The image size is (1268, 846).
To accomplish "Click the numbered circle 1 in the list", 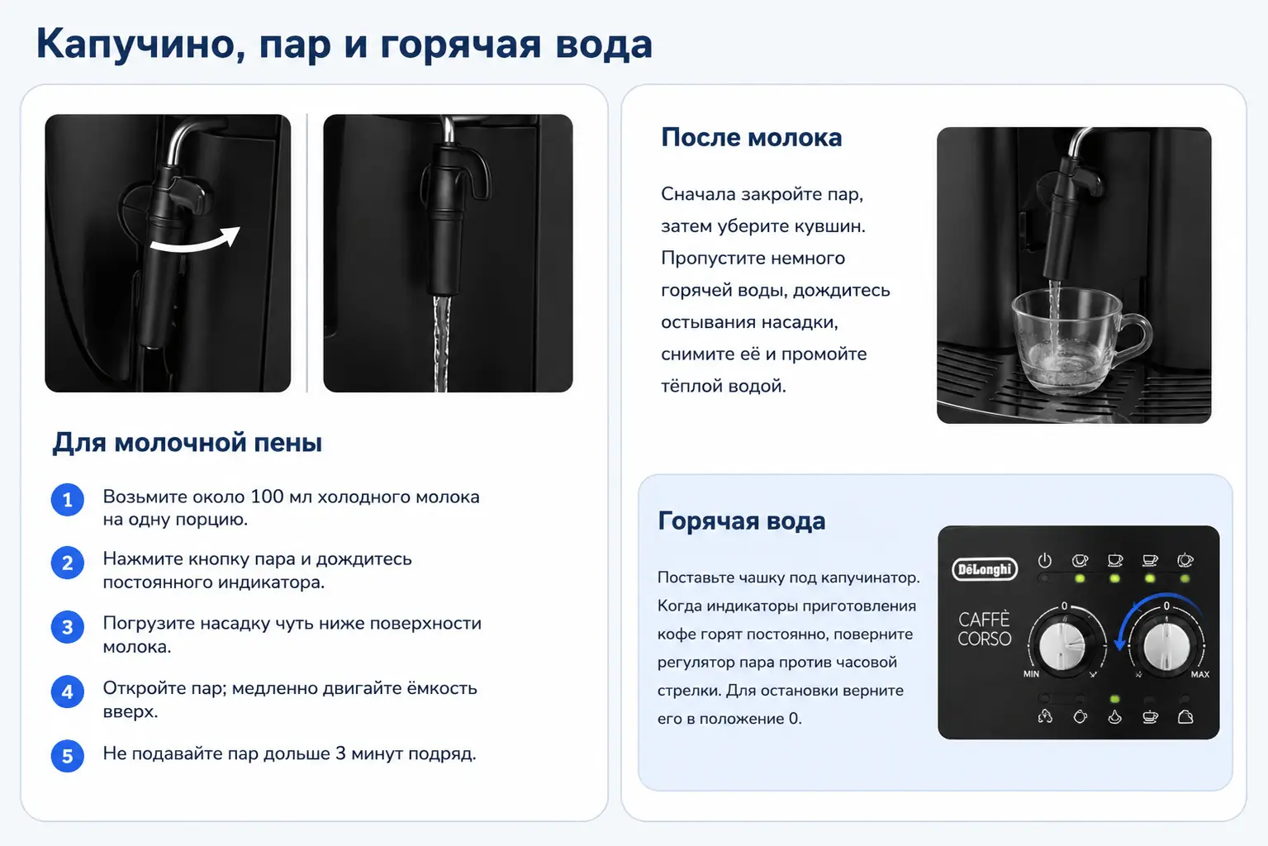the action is (68, 500).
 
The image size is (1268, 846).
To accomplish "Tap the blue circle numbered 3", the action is (68, 627).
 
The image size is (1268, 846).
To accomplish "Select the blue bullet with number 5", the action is (68, 756).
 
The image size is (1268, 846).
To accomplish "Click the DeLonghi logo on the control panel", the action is (985, 569).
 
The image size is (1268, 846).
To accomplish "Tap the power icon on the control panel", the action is (1044, 561).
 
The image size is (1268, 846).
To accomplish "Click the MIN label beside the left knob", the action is (1031, 674).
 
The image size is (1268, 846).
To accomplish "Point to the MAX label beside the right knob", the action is (1199, 674).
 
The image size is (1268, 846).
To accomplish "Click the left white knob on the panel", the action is (1062, 645).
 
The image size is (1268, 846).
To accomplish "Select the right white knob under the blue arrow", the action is (1166, 645).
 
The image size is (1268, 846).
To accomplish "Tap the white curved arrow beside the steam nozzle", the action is (195, 242).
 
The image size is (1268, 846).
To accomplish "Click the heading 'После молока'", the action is (751, 138).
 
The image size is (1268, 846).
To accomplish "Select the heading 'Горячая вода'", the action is (742, 521).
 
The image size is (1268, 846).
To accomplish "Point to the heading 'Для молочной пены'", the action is (187, 442).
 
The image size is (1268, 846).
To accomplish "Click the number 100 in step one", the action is (267, 496).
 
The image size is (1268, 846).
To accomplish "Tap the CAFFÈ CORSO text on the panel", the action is (985, 629).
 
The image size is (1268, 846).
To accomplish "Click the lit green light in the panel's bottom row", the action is (1114, 699).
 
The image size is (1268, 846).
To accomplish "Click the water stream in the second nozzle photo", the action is (442, 343).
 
